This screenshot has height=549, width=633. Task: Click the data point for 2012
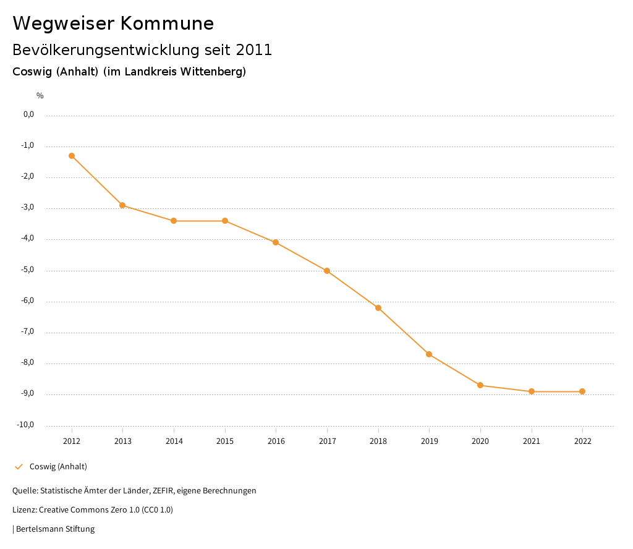coord(72,156)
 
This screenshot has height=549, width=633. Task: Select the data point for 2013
coord(122,205)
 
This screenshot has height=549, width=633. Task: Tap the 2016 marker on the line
coord(276,242)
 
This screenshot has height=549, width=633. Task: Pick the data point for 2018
coord(378,308)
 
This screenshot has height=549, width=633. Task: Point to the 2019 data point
coord(429,354)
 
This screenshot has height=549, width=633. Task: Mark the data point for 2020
coord(480,385)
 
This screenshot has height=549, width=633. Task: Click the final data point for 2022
coord(582,391)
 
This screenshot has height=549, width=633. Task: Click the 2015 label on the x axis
coord(225,441)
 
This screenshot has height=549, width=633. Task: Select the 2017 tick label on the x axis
coord(327,441)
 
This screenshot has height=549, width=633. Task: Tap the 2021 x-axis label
coord(531,441)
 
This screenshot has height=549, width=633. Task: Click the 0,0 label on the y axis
coord(28,114)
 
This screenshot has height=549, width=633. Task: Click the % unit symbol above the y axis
coord(40,96)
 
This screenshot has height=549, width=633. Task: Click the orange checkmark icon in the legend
coord(19,467)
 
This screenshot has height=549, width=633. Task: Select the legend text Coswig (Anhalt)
coord(58,467)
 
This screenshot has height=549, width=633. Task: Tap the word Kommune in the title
coord(167,23)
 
